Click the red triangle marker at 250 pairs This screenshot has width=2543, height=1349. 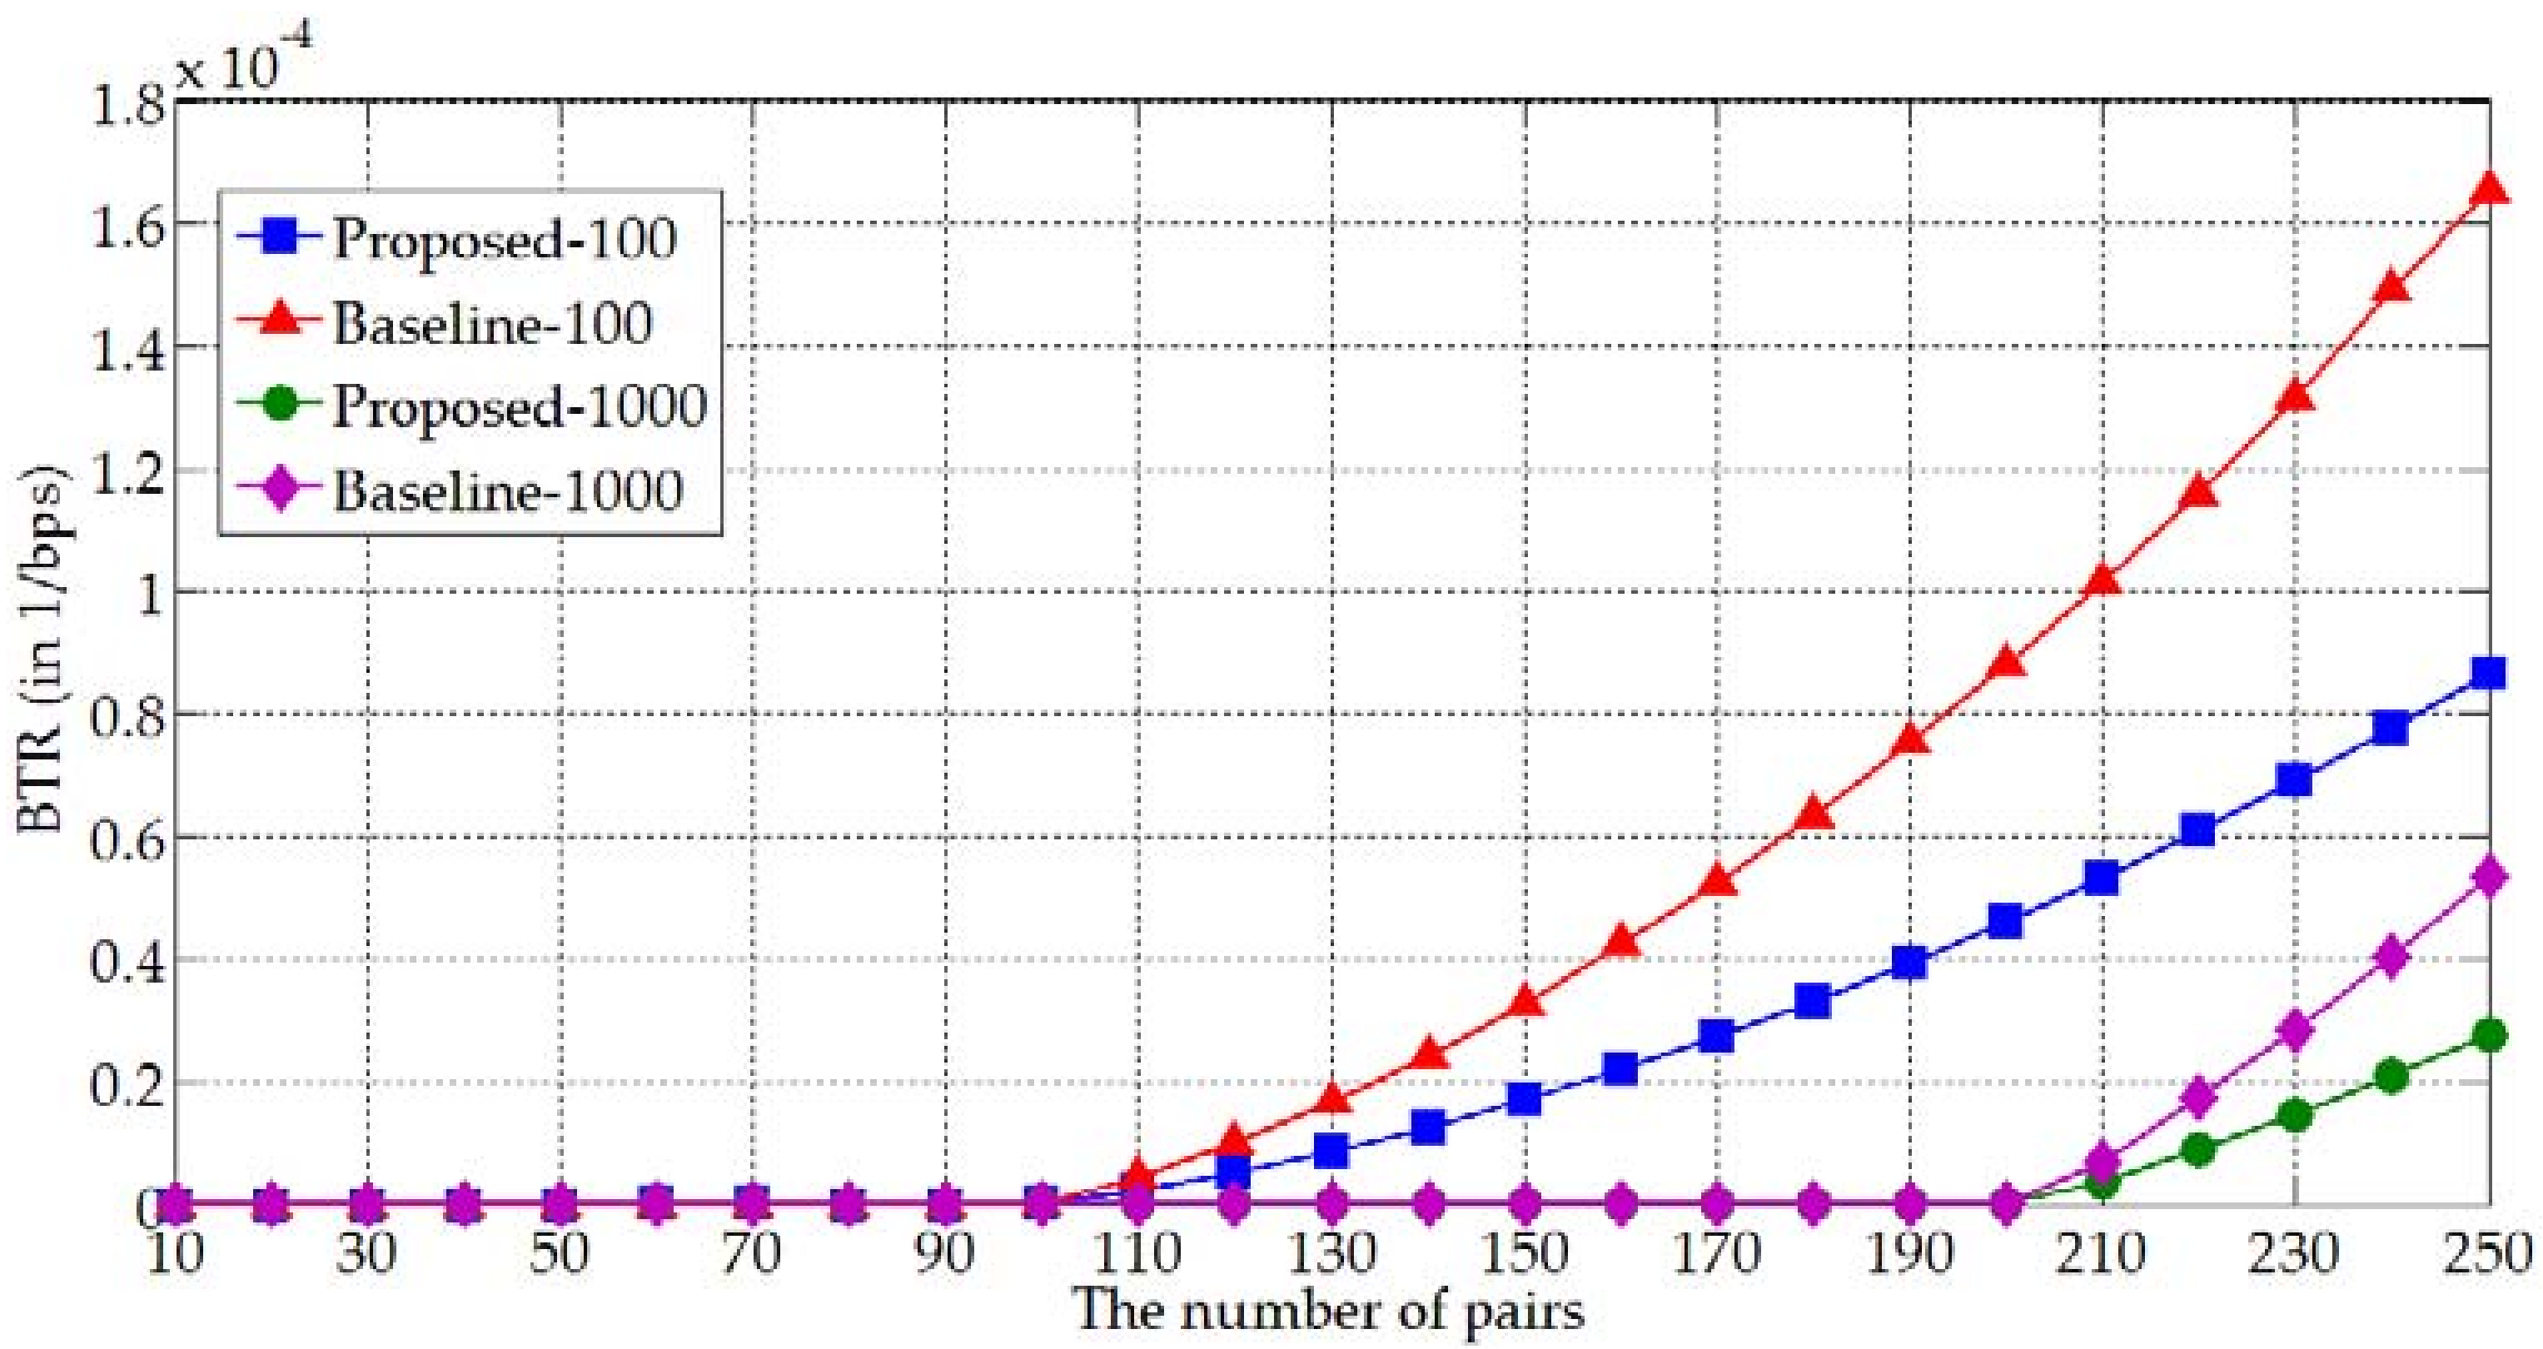click(2489, 187)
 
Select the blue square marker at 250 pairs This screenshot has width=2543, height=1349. click(2489, 674)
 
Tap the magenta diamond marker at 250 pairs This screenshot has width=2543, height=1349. click(2489, 877)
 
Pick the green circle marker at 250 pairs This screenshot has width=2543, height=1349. click(2489, 1036)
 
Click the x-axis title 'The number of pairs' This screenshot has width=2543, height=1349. click(1329, 1311)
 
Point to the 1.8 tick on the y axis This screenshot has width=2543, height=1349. click(128, 104)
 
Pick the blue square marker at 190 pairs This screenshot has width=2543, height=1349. click(1910, 962)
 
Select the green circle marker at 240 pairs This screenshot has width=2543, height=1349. click(2391, 1075)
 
